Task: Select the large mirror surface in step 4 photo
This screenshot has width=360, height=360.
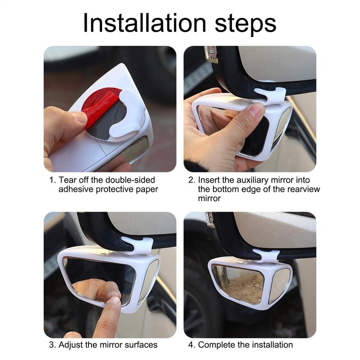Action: pos(238,283)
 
